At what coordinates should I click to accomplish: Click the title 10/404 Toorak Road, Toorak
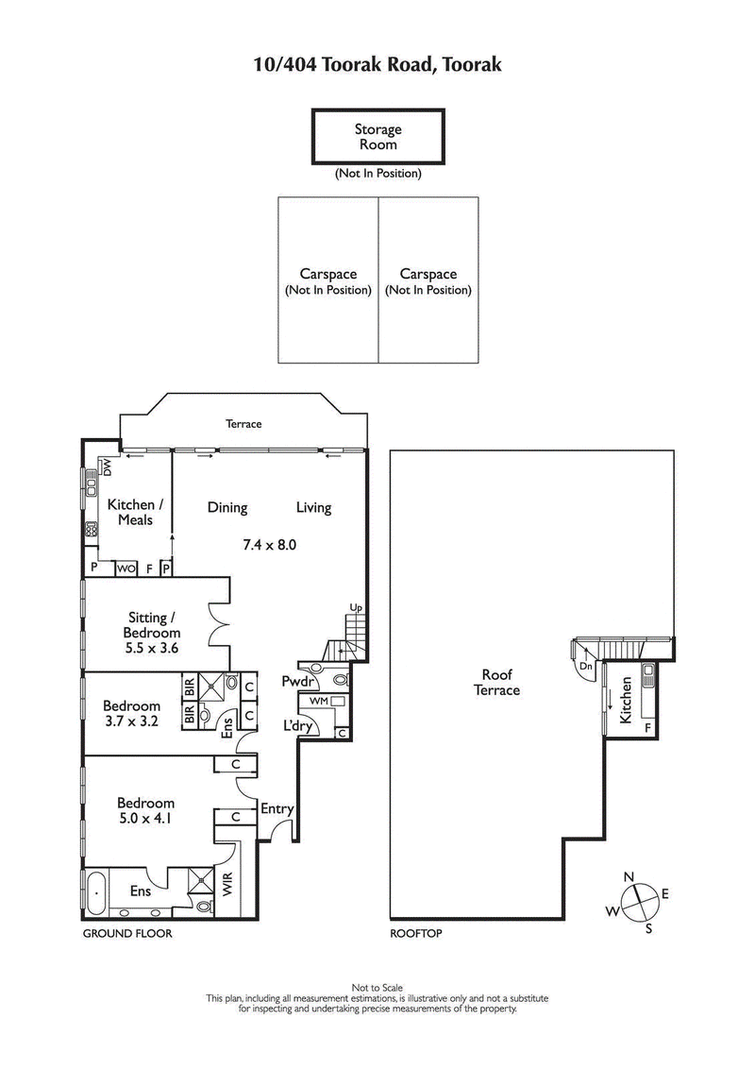377,64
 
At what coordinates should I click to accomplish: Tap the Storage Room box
377,137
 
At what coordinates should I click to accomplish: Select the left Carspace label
327,281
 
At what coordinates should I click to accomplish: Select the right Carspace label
428,281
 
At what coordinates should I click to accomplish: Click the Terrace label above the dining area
243,425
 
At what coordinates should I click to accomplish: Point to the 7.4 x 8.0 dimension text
269,544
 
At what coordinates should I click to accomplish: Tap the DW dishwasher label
107,467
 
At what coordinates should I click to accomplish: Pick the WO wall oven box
126,568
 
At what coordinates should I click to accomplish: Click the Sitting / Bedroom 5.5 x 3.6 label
151,633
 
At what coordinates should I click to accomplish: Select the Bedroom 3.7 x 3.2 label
131,713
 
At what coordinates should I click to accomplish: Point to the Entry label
277,808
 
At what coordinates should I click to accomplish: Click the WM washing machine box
318,701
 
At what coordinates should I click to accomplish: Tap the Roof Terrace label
496,682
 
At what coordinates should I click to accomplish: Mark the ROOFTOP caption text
415,933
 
